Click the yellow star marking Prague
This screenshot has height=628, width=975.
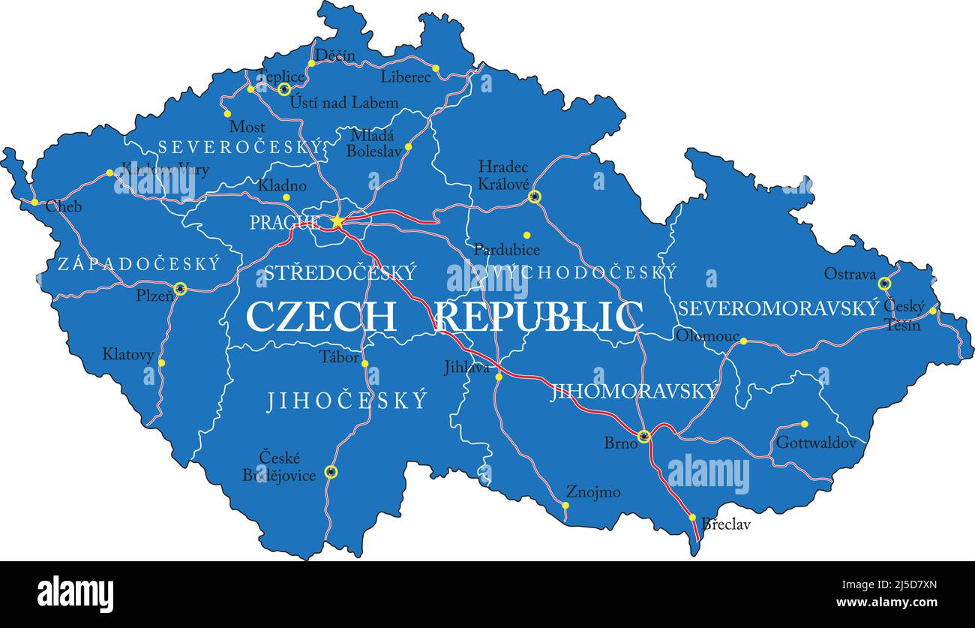pos(337,221)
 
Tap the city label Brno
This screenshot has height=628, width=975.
pos(620,443)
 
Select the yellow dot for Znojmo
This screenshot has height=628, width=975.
pos(565,505)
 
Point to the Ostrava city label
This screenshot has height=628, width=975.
pos(850,274)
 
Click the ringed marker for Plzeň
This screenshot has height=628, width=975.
pos(180,288)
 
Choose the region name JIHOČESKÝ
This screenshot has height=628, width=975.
pos(347,401)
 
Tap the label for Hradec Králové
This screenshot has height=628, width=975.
pos(504,175)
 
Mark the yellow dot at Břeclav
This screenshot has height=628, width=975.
pos(692,517)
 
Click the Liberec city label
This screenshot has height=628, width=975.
pos(406,77)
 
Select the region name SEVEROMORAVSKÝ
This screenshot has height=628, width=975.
pos(778,308)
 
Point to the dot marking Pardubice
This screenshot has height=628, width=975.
pos(526,235)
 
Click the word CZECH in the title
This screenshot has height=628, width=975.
pos(321,317)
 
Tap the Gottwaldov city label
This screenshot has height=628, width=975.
pos(815,443)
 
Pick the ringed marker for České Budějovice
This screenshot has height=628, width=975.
pos(331,471)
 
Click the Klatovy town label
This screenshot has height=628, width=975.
pos(128,354)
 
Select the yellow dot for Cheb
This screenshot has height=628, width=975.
pos(34,202)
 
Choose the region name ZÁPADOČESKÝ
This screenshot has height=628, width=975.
pos(139,264)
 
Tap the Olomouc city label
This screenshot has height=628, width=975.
pos(707,336)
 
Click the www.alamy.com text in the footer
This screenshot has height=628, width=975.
pos(886,602)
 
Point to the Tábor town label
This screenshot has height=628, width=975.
pos(340,357)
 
